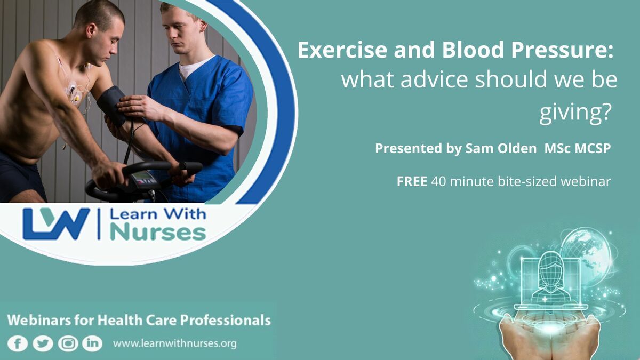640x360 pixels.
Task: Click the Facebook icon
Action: click(x=18, y=343)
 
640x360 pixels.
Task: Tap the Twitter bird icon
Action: click(x=43, y=343)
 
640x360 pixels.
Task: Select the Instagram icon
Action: click(x=68, y=343)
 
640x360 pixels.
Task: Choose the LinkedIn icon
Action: click(x=92, y=343)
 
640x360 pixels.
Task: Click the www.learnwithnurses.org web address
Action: click(x=175, y=343)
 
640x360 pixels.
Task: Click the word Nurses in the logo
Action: click(x=158, y=234)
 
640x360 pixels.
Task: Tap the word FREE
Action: click(x=412, y=181)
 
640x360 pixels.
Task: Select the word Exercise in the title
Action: click(x=342, y=50)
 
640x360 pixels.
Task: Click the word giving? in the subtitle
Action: click(x=575, y=113)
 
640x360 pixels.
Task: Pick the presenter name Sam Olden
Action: click(x=501, y=148)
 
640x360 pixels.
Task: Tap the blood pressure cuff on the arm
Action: click(x=112, y=106)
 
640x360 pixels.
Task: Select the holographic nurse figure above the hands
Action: click(x=550, y=277)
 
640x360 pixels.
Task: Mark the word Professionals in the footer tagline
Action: click(x=225, y=321)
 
